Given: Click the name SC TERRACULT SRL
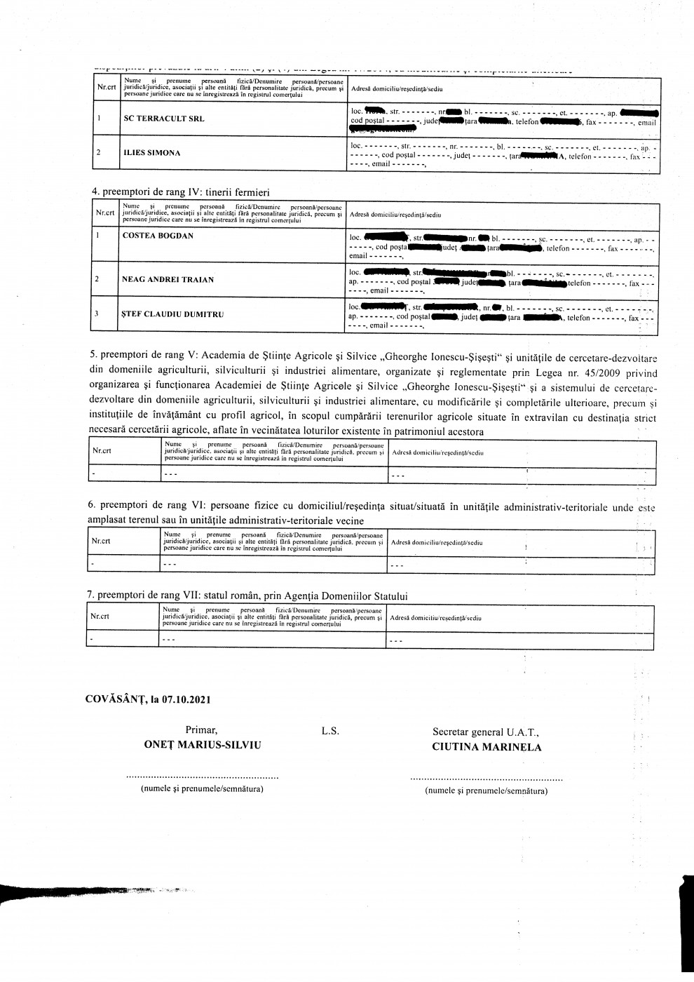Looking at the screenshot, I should (163, 119).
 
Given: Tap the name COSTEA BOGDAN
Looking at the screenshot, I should (158, 236).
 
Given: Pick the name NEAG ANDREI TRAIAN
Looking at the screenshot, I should (168, 279).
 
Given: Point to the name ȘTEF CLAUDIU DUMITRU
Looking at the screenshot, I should (173, 314).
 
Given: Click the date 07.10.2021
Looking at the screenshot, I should (185, 699).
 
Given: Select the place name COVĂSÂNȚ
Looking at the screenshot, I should (116, 699).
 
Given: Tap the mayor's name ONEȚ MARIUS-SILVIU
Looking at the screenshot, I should (202, 744).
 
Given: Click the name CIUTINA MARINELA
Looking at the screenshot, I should (487, 747).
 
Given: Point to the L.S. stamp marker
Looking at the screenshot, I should (330, 731).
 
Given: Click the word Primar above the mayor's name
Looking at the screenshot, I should (201, 730).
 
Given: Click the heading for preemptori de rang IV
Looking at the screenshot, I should (181, 192).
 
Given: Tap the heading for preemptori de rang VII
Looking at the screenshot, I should (247, 596).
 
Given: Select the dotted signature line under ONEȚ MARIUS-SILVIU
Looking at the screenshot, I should (202, 777).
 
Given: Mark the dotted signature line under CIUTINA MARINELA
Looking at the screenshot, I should (486, 779).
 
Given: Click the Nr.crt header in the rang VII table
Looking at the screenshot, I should (100, 617).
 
